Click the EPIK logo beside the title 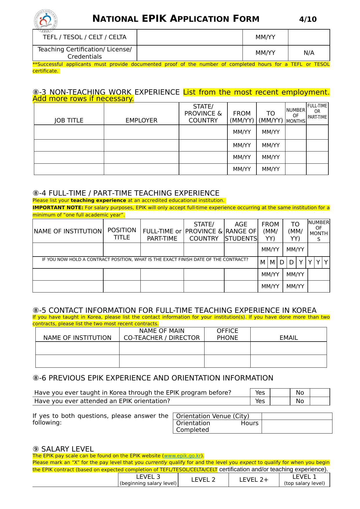[46, 20]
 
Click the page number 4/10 [308, 19]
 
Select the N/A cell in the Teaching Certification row [309, 53]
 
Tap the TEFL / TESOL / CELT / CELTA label [84, 37]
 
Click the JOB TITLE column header [69, 120]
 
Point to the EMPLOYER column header [141, 120]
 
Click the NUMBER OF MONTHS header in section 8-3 [296, 115]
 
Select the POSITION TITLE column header [122, 234]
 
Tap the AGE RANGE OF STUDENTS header [241, 231]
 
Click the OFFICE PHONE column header [227, 334]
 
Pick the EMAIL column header [289, 338]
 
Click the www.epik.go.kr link [182, 456]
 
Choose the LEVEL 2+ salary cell [254, 480]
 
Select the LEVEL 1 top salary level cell [304, 480]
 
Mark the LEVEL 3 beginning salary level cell [148, 480]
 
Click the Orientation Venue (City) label [213, 416]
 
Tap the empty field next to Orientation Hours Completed [297, 427]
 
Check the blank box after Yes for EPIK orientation [280, 401]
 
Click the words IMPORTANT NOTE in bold [58, 207]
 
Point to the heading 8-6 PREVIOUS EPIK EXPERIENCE [153, 378]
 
